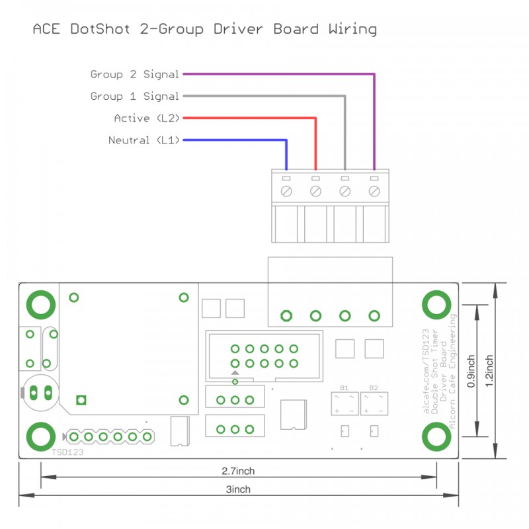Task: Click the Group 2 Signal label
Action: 135,75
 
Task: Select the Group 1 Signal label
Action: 135,97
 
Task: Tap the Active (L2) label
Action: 147,118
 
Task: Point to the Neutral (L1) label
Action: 143,140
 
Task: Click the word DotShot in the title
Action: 100,29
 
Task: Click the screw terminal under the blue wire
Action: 286,191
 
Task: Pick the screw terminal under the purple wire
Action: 374,191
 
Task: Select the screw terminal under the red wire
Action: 315,191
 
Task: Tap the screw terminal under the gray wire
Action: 345,191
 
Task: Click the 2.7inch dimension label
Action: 238,471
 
